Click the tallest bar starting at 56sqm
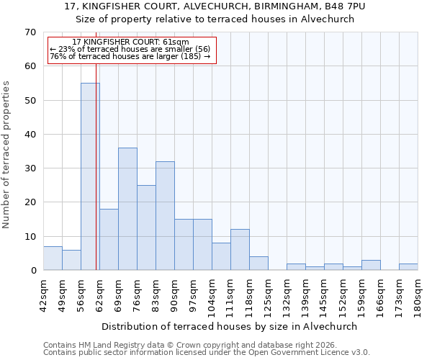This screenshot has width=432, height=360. pos(90,176)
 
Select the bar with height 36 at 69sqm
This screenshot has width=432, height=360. pos(127,209)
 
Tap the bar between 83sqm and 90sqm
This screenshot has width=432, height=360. pos(165,216)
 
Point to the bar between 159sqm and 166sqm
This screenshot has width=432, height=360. pos(371,265)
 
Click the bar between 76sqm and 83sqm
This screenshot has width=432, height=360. pos(146,228)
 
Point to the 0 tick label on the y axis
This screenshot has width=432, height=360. pos(32,271)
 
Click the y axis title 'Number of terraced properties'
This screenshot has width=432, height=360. pos(6,155)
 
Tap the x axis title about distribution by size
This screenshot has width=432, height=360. pos(230,326)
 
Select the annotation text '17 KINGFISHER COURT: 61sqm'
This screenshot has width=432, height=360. pos(131,42)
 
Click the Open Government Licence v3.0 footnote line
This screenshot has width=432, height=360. pos(207,352)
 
